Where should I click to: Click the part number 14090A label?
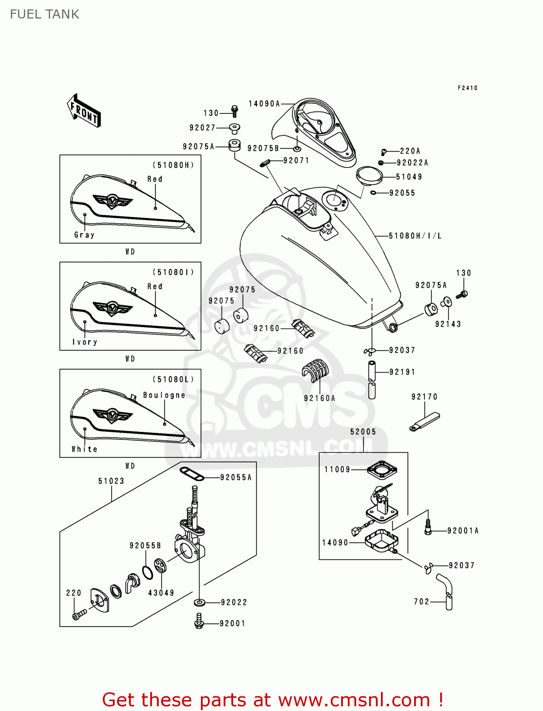264,103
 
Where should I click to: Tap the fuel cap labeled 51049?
369,175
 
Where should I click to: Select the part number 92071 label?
296,161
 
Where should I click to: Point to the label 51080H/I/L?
415,236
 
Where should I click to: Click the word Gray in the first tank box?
84,235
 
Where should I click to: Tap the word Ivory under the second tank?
85,342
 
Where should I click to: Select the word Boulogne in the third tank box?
164,395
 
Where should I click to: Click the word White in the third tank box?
84,449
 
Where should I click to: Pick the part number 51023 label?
111,481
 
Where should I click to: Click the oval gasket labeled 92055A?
192,473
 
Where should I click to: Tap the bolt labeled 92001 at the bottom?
199,621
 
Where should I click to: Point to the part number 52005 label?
363,432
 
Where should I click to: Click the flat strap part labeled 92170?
425,422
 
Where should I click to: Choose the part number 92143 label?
448,324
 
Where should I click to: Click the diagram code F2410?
467,88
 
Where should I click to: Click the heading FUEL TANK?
45,14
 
